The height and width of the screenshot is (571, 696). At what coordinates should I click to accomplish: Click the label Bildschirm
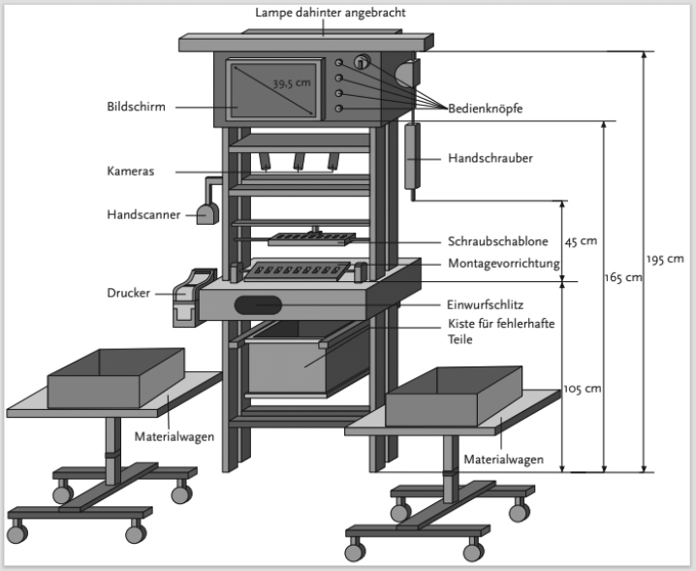tap(136, 107)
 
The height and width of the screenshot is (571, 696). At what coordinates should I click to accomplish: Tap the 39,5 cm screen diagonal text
tap(292, 83)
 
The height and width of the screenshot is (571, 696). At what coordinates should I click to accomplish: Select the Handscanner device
tap(207, 213)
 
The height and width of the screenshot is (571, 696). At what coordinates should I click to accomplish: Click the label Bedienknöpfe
tap(485, 109)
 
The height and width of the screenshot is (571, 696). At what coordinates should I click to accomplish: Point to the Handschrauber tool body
tap(412, 156)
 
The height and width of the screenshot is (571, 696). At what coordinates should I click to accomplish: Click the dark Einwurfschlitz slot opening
tap(258, 305)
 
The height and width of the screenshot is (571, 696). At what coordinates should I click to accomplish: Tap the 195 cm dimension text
tap(665, 259)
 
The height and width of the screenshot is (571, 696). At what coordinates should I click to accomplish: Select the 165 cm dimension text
tap(623, 277)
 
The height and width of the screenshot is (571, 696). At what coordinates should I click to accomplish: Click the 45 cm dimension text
tap(581, 241)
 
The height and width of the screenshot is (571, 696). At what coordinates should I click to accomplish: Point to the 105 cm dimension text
tap(583, 389)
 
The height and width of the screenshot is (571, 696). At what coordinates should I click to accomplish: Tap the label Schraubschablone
tap(497, 241)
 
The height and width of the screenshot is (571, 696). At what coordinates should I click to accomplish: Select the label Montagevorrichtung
tap(504, 264)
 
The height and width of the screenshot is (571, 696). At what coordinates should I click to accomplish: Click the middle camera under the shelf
tap(299, 162)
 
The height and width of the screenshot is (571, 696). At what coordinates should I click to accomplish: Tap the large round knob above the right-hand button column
tap(363, 62)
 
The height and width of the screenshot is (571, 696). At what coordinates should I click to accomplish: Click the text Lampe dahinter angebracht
tap(331, 13)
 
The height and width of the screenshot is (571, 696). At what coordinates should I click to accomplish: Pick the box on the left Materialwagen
tap(116, 378)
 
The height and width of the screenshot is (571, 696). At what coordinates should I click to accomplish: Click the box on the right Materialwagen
tap(454, 396)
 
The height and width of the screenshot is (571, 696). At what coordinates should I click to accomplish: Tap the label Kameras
tap(131, 171)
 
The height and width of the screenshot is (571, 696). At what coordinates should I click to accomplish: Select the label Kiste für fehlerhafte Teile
tap(501, 332)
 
